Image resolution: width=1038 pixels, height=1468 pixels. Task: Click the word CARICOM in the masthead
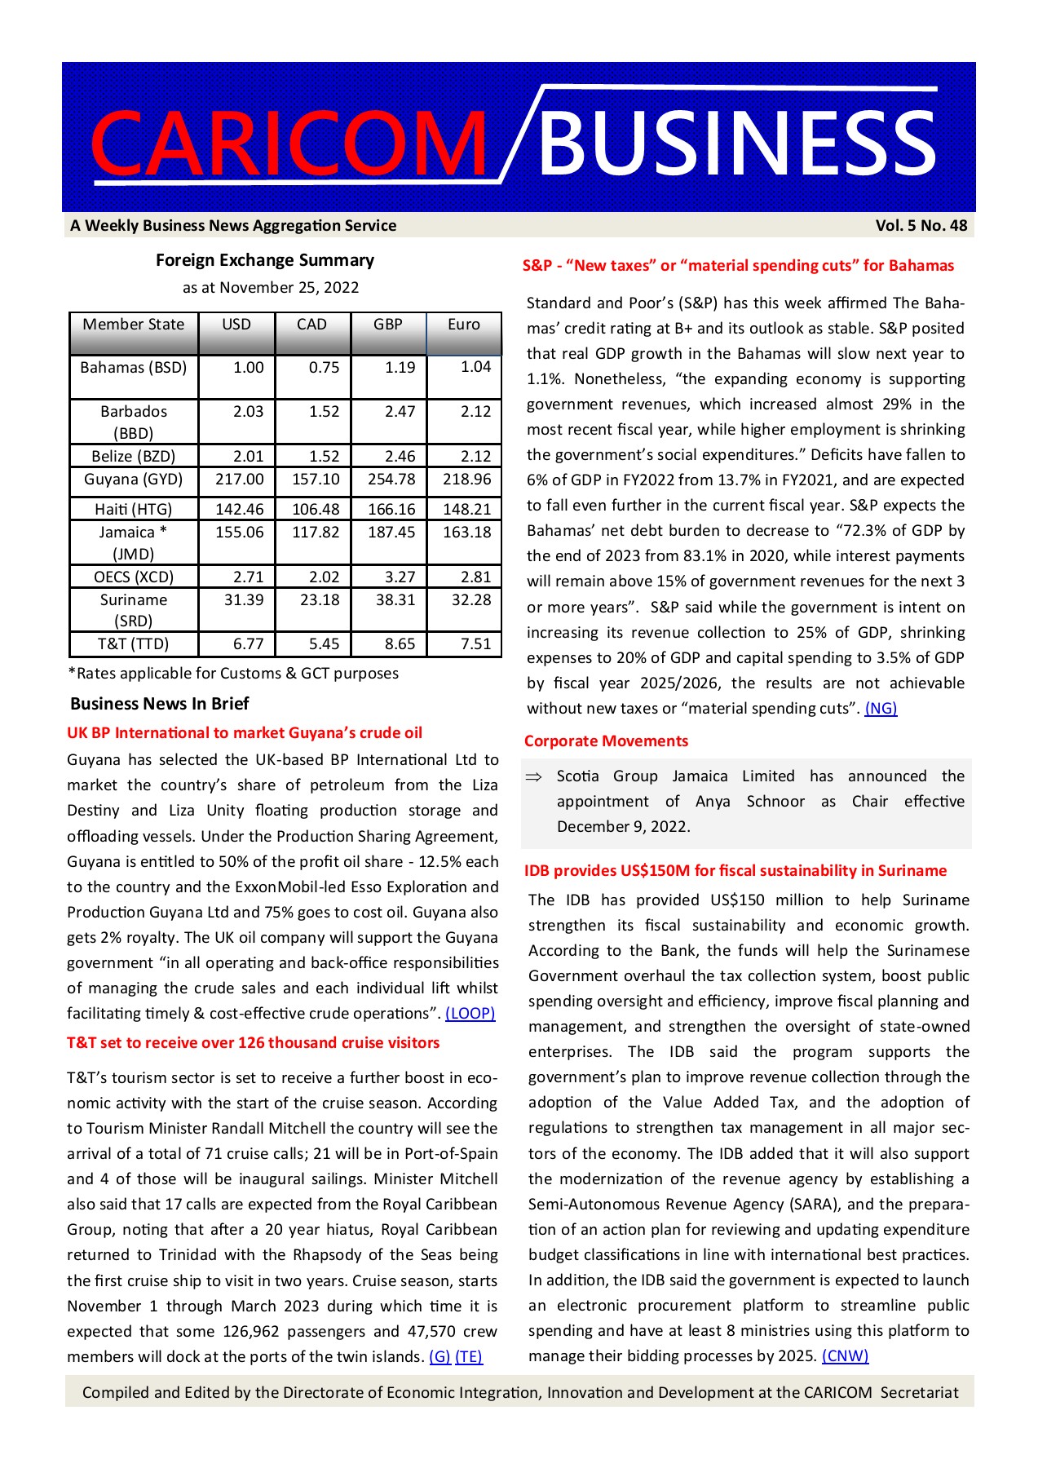point(289,143)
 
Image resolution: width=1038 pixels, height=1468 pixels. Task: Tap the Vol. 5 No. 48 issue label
point(921,226)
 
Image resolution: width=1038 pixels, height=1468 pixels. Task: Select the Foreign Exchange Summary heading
point(265,260)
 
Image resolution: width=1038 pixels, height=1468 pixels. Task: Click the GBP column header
point(388,325)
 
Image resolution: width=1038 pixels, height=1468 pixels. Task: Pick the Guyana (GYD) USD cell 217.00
point(240,480)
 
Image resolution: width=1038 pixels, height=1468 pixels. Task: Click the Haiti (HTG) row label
point(134,510)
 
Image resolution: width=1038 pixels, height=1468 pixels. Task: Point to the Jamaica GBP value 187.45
point(391,533)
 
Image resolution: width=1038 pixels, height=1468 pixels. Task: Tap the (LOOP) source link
point(470,1014)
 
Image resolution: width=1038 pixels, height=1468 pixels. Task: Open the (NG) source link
point(881,709)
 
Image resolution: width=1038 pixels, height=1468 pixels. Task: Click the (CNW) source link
point(845,1356)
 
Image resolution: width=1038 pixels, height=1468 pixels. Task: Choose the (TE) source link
point(469,1357)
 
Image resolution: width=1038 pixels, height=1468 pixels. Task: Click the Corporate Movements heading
point(606,741)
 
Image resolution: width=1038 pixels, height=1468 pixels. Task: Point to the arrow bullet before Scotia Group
point(534,777)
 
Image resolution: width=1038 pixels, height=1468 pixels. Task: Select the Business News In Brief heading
point(160,704)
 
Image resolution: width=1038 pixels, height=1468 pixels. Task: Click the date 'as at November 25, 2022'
point(271,288)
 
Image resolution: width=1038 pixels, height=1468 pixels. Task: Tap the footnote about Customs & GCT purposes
point(233,674)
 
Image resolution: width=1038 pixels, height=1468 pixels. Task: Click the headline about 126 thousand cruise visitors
point(253,1043)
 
